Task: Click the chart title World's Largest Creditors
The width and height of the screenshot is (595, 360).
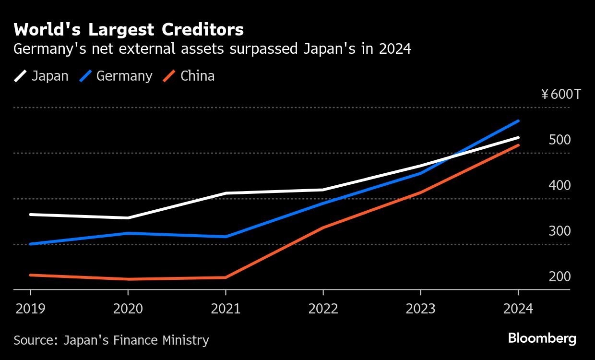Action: click(x=129, y=30)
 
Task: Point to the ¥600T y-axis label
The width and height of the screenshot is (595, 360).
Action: click(x=561, y=94)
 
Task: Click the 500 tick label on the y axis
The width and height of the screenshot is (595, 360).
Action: click(x=560, y=140)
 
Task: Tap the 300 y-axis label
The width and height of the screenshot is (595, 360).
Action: click(x=560, y=231)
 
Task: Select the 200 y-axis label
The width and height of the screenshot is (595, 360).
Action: click(x=560, y=276)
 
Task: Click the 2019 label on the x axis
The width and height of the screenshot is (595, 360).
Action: click(x=31, y=308)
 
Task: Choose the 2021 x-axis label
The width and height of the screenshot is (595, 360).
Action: click(x=226, y=308)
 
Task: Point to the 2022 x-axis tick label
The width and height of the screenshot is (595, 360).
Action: click(x=323, y=308)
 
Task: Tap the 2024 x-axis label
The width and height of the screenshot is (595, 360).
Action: click(x=518, y=308)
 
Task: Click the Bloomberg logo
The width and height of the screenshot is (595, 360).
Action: click(x=542, y=338)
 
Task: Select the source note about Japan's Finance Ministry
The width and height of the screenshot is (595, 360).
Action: click(x=111, y=340)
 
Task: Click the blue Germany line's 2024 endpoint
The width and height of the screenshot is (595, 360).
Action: click(x=518, y=121)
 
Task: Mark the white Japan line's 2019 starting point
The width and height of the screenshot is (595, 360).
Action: click(x=31, y=215)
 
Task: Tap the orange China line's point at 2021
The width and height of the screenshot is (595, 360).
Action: click(x=226, y=277)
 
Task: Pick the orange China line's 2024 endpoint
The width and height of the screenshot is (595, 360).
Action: click(x=518, y=145)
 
